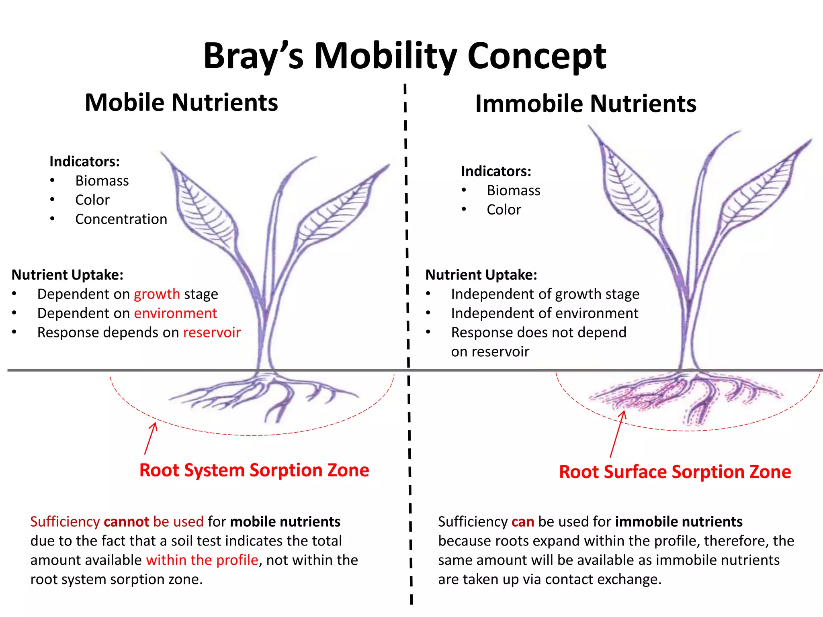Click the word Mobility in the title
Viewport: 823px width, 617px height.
[385, 56]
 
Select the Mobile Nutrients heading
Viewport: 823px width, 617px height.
[181, 102]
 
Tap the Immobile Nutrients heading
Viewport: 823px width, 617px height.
[586, 104]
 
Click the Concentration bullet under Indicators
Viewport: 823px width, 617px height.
[121, 219]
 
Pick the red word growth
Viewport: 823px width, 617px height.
[157, 294]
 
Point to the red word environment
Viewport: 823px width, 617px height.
[175, 313]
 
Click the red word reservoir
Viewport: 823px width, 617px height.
[212, 333]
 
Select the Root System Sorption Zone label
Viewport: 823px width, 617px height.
[254, 470]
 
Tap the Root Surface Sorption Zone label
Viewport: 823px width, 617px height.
[675, 472]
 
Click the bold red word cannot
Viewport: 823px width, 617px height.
[126, 522]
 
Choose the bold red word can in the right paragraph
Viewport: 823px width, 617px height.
[522, 522]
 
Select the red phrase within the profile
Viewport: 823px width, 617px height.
[202, 560]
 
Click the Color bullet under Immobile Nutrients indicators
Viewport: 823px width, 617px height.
[504, 210]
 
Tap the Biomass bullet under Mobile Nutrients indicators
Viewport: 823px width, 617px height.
[102, 181]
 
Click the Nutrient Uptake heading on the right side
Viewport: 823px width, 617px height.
[481, 275]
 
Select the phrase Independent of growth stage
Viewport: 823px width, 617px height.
[545, 294]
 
